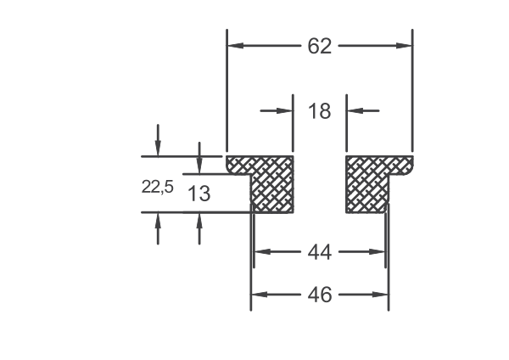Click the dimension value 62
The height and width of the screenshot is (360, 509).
[320, 46]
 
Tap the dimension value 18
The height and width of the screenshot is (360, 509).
[320, 110]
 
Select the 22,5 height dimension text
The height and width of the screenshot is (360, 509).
[158, 187]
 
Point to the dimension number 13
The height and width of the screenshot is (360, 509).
[199, 194]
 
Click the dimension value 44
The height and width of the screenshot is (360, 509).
[320, 252]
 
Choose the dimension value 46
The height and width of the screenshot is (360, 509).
[320, 295]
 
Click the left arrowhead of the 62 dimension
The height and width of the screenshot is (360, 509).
[235, 46]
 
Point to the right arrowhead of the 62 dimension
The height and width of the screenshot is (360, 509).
[404, 46]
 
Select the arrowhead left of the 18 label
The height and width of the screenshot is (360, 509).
[285, 110]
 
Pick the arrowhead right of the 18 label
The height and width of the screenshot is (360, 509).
[355, 110]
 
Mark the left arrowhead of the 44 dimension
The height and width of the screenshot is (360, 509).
[262, 252]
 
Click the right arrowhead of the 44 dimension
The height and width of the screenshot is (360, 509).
[378, 252]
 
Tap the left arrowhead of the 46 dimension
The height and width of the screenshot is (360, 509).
[260, 295]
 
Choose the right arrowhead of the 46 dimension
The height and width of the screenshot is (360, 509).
[380, 295]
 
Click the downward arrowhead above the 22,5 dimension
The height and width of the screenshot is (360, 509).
[158, 148]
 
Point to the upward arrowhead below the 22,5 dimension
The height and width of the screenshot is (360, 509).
[158, 221]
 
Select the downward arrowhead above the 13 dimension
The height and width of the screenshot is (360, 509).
[199, 166]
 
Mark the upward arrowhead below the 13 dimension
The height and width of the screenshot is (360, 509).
[199, 221]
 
